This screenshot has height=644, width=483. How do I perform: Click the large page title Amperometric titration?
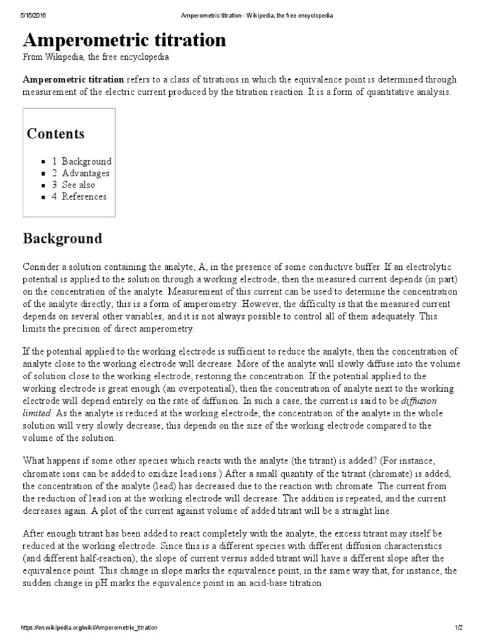[x=124, y=40]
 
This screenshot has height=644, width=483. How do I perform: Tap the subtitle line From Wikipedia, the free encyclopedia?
[x=96, y=57]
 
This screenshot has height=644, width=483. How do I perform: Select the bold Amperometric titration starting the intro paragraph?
[x=74, y=80]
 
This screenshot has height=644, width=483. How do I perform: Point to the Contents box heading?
[x=55, y=134]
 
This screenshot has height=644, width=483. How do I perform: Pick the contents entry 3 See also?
[x=74, y=185]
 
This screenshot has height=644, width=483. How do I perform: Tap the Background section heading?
[x=62, y=239]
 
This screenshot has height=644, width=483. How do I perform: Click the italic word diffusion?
[x=419, y=401]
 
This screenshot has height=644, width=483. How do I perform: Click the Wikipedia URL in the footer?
[x=89, y=628]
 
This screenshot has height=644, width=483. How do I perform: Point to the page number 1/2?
[x=457, y=628]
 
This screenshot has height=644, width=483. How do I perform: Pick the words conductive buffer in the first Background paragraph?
[x=293, y=268]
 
